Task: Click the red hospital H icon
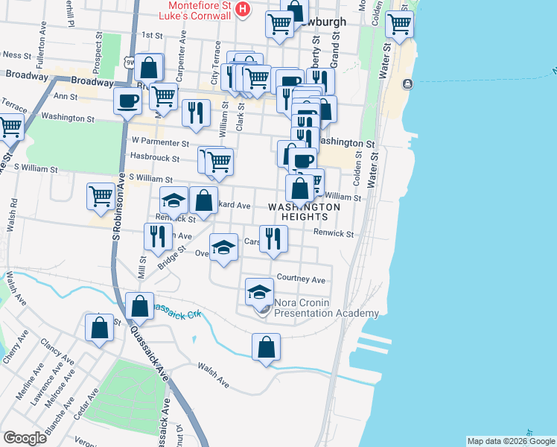click(x=241, y=9)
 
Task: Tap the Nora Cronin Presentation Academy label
click(x=326, y=308)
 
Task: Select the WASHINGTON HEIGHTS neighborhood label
click(x=304, y=212)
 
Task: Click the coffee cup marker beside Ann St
click(x=127, y=101)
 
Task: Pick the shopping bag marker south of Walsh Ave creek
click(x=266, y=347)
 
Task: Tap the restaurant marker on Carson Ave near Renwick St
click(x=273, y=238)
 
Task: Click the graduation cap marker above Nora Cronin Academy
click(x=259, y=291)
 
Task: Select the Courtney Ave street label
click(x=301, y=279)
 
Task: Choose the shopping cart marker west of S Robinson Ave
click(x=101, y=197)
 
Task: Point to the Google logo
click(x=25, y=438)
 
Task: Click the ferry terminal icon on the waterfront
click(x=407, y=83)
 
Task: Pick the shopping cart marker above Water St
click(x=400, y=24)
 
